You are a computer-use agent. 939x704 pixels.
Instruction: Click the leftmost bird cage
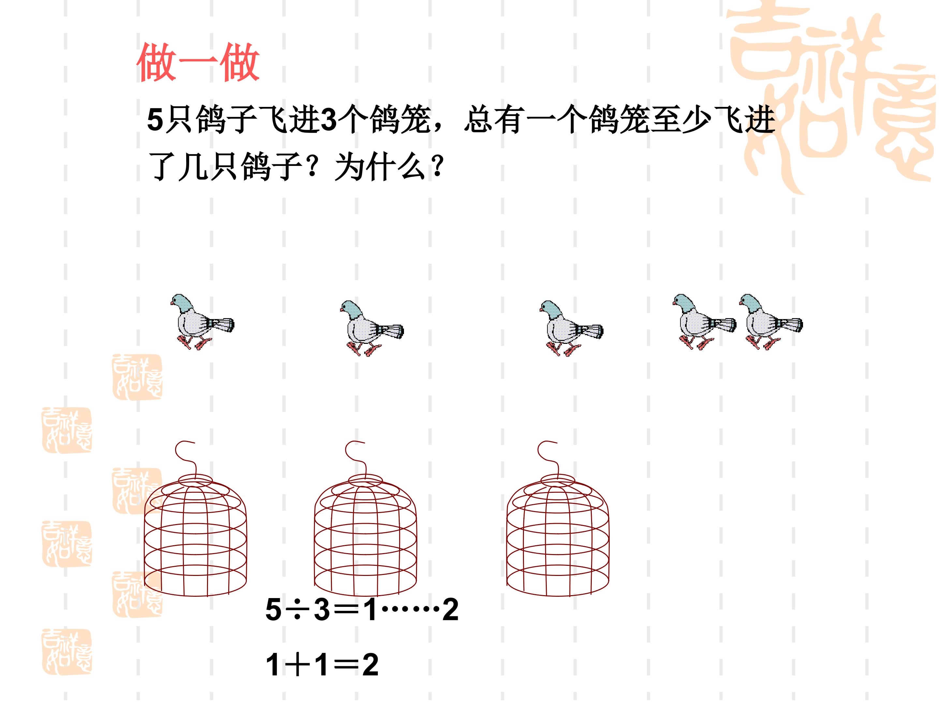(195, 519)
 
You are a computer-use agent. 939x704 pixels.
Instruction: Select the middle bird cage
(365, 519)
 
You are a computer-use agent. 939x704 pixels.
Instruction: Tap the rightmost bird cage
(558, 519)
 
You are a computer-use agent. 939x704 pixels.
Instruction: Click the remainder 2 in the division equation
(450, 609)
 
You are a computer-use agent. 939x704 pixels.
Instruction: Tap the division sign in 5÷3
(298, 610)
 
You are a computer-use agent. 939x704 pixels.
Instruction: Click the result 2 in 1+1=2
(370, 665)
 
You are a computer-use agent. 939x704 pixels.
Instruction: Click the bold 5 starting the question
(155, 120)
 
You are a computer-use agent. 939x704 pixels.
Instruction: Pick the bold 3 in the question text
(329, 120)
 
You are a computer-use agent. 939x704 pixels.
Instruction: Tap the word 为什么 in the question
(380, 167)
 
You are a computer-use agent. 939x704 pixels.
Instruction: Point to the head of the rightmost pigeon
(749, 302)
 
